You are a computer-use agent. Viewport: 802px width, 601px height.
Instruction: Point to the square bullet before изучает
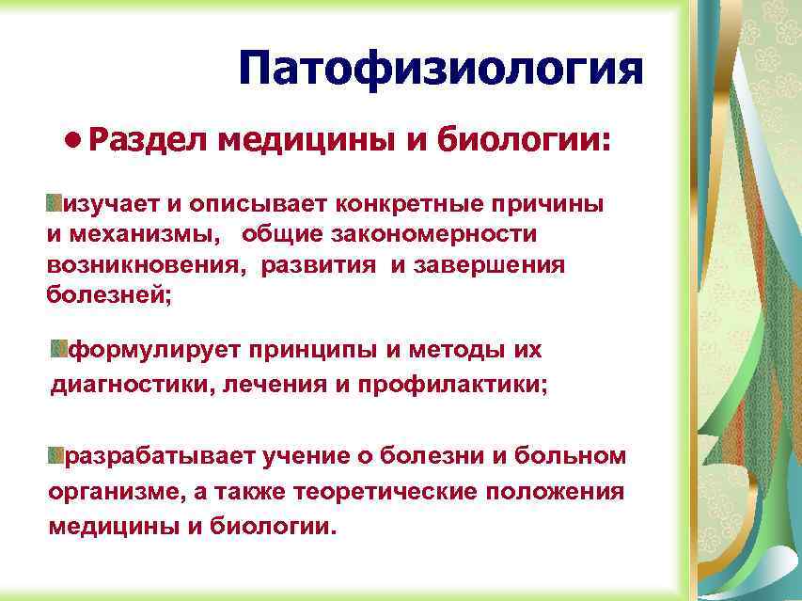(54, 203)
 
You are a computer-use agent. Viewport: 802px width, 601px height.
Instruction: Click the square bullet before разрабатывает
(57, 456)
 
